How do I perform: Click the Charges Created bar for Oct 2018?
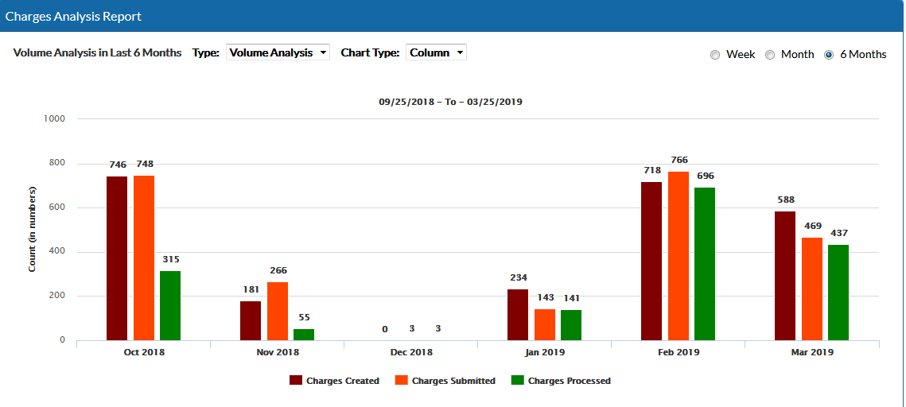tap(117, 258)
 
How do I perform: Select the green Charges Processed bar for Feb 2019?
tap(705, 263)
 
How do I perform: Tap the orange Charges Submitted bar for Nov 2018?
tap(278, 311)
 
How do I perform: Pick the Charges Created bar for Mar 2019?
tap(785, 275)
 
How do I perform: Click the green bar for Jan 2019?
tap(571, 324)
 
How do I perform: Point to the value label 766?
tap(679, 160)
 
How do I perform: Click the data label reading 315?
tap(170, 259)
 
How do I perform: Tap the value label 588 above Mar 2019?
tap(786, 200)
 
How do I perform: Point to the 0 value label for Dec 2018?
tap(385, 329)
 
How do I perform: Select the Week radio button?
tap(715, 55)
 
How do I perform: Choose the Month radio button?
tap(770, 55)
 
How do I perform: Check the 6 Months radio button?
tap(829, 55)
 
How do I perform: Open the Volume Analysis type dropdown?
tap(278, 52)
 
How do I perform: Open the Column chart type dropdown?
tap(436, 52)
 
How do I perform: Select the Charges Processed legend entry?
tap(561, 381)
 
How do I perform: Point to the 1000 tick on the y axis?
tap(55, 118)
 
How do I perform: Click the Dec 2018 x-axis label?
tap(410, 352)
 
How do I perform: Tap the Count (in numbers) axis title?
tap(33, 229)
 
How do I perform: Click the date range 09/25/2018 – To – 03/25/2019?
tap(450, 102)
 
